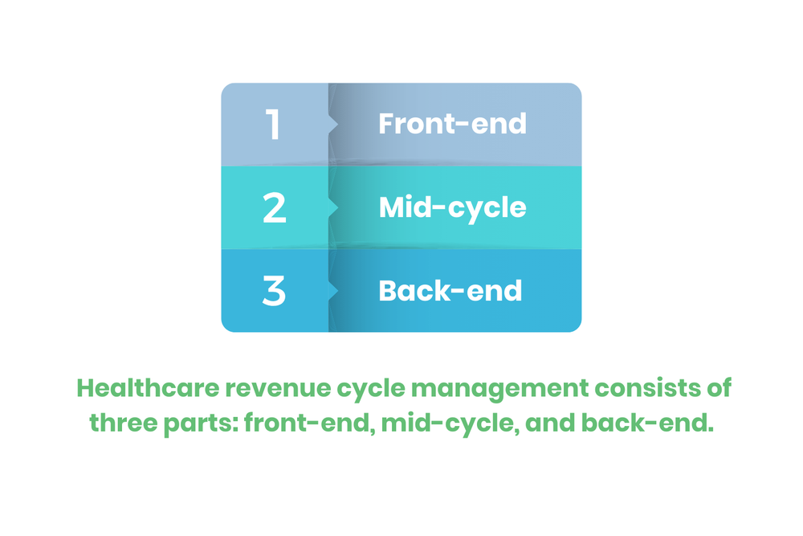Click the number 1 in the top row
(274, 125)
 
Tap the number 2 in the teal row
(274, 208)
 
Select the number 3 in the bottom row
(274, 291)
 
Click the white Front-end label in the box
(452, 124)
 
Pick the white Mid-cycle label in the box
(452, 207)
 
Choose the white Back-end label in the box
(450, 290)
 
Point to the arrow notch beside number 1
(333, 125)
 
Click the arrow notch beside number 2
(333, 208)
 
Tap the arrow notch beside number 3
(333, 291)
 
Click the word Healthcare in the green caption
(148, 388)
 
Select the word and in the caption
(548, 423)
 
